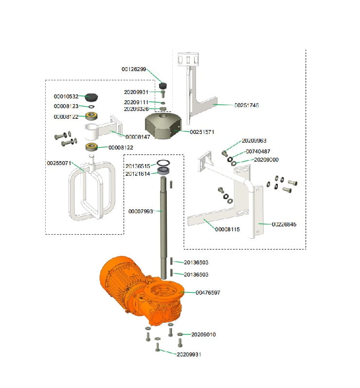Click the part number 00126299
(134, 70)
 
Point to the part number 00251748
(247, 105)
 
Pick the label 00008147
(138, 137)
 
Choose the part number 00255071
(59, 163)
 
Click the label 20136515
(138, 166)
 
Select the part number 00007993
(141, 211)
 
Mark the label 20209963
(254, 141)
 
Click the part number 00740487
(258, 151)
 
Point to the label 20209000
(266, 160)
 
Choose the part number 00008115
(227, 229)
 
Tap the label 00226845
(284, 224)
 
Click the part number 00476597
(208, 293)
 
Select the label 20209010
(203, 334)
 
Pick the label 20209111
(136, 102)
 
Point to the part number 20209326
(136, 109)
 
